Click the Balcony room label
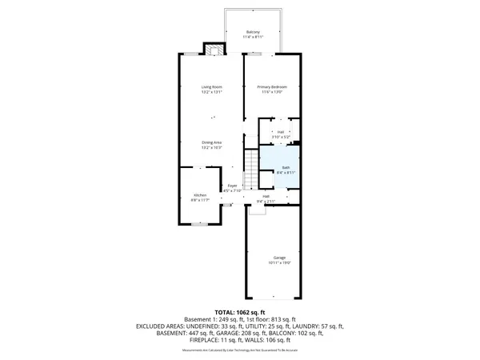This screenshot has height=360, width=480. pos(253,32)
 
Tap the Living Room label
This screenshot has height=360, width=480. pos(212,86)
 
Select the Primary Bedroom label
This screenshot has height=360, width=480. pos(272,86)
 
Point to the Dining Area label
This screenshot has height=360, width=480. pos(212,142)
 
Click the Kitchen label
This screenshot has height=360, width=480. pos(200,195)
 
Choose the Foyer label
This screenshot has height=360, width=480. pos(232,186)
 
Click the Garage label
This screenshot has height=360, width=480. pos(279,257)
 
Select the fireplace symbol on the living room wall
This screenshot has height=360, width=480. pos(213,50)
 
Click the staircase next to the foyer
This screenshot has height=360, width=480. pos(250,169)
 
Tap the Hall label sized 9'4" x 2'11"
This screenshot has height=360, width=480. pos(265,196)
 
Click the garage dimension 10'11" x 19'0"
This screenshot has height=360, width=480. pos(279,262)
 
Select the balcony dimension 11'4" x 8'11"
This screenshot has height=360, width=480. pos(253,37)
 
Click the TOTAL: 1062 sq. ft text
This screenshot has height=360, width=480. pos(240,311)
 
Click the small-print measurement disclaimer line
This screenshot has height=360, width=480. pos(240,350)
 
